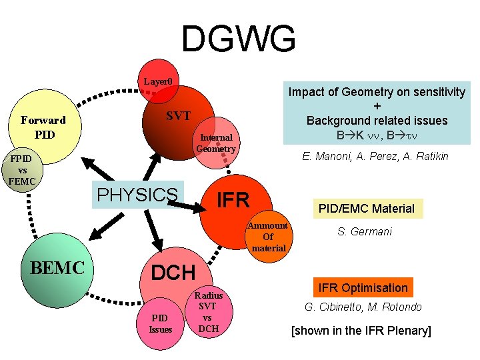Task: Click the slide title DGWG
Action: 239,39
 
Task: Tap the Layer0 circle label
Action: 159,83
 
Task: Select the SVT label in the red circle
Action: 178,116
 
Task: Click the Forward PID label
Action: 43,127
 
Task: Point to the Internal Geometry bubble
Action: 216,143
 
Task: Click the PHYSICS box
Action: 137,194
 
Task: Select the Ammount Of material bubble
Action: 268,237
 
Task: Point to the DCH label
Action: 173,272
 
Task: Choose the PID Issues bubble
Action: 161,324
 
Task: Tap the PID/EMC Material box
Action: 367,208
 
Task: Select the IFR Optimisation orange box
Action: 363,287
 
